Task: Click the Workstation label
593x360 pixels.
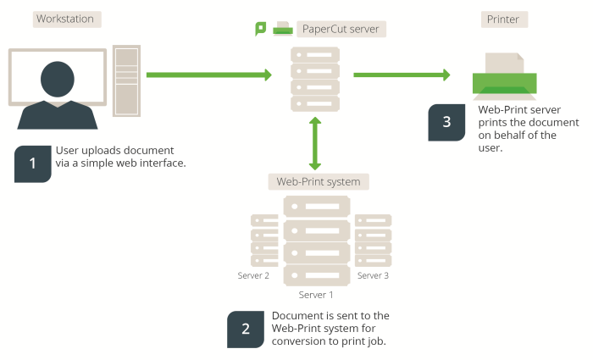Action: [64, 19]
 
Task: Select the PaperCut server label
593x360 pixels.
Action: [341, 30]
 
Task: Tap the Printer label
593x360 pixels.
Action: [503, 19]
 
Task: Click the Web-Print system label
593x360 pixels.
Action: [319, 181]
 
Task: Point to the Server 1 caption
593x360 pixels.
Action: [316, 295]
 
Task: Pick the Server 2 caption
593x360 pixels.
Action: [253, 275]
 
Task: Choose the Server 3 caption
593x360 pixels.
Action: [373, 275]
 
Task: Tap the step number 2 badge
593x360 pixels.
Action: [246, 330]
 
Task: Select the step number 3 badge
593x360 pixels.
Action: [447, 122]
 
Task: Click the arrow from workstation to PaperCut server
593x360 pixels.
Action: [208, 75]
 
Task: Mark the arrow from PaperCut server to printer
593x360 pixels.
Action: [401, 75]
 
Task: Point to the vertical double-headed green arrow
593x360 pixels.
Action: [316, 144]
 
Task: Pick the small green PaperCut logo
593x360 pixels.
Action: [261, 30]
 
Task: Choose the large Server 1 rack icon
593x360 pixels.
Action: [316, 241]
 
